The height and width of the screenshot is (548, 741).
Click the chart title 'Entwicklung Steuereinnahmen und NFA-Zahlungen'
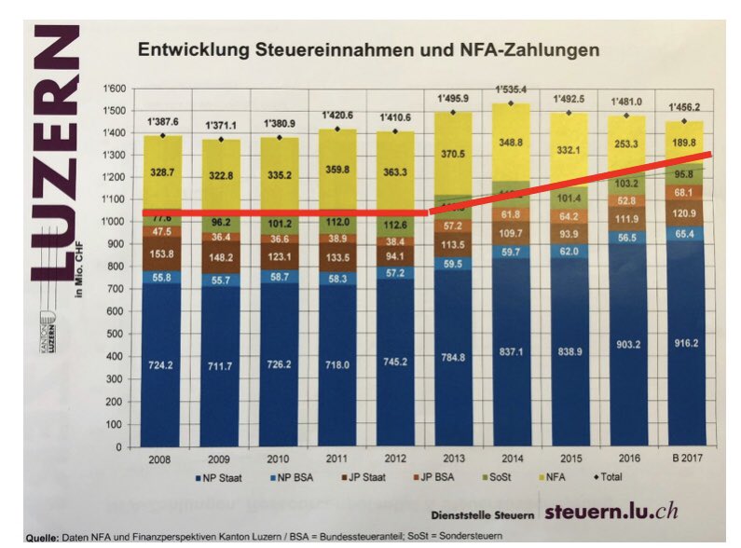368,50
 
